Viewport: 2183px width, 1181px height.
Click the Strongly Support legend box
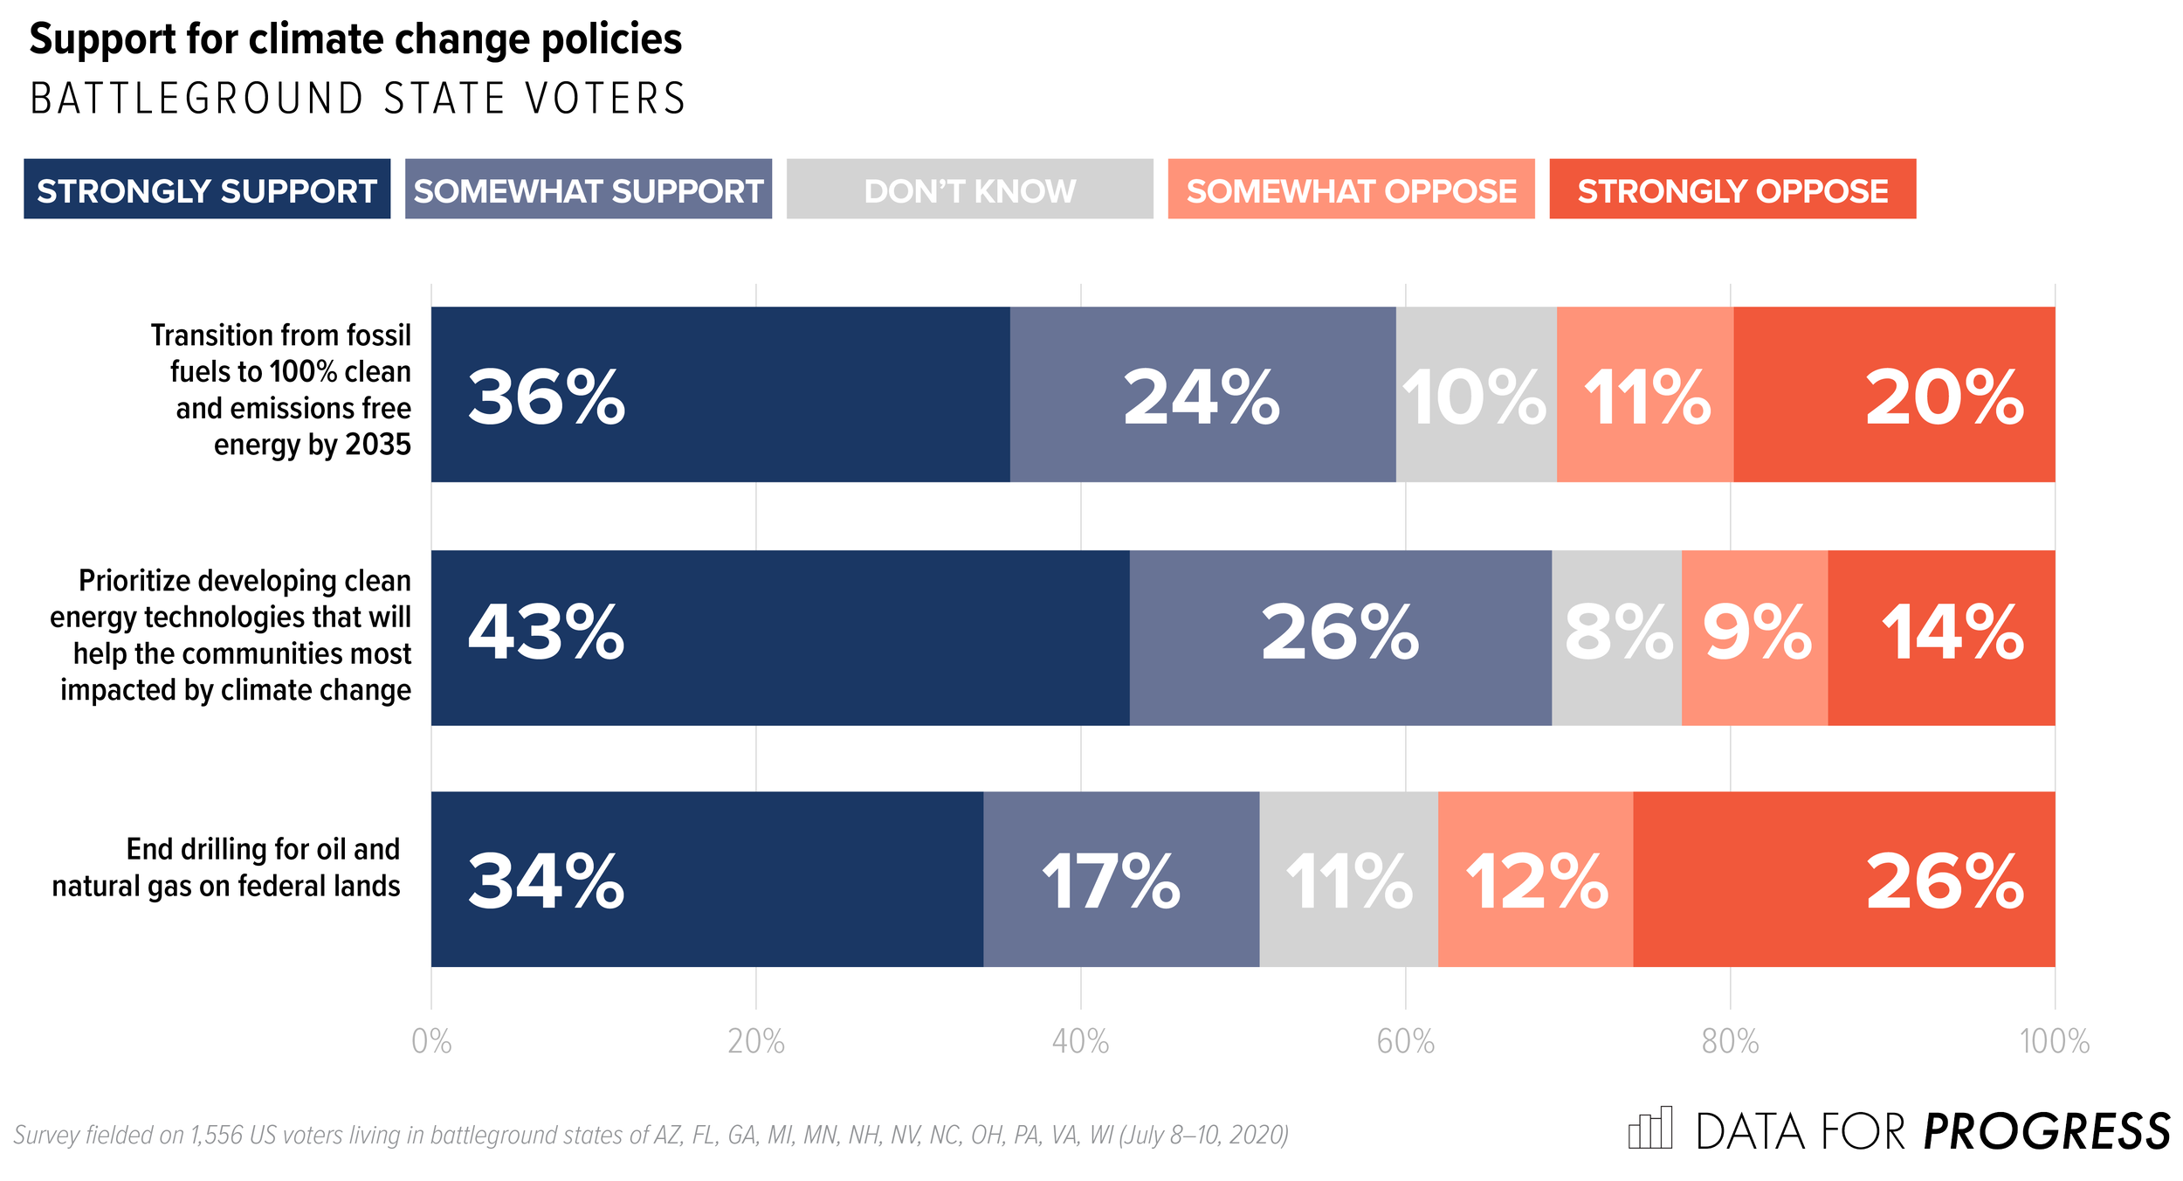click(207, 189)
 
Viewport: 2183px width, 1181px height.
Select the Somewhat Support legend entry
click(589, 189)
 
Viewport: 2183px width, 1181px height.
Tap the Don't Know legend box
click(969, 189)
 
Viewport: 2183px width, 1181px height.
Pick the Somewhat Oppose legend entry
click(1351, 189)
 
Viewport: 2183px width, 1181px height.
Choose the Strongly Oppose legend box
click(1732, 189)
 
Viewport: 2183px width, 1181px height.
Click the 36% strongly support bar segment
click(720, 394)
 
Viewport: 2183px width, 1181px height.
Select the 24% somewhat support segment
click(1202, 394)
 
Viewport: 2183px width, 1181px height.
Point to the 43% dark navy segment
click(780, 638)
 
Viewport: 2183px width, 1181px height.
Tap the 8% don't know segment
click(1616, 638)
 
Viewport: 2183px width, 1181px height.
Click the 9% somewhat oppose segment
click(1754, 638)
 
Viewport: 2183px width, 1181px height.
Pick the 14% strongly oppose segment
click(1941, 638)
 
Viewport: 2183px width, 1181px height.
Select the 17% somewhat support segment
click(1121, 879)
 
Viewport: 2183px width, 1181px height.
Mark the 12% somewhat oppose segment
click(1535, 879)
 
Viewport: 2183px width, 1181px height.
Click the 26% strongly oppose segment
click(1843, 879)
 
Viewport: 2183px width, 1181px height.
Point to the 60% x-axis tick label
click(1405, 1042)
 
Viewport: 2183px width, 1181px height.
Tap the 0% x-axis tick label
click(431, 1042)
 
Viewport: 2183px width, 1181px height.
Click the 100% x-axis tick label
click(2055, 1042)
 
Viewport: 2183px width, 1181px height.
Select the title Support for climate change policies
click(355, 39)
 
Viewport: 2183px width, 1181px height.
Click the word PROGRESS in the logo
click(2047, 1132)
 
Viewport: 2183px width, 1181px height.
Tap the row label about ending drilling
click(226, 867)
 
